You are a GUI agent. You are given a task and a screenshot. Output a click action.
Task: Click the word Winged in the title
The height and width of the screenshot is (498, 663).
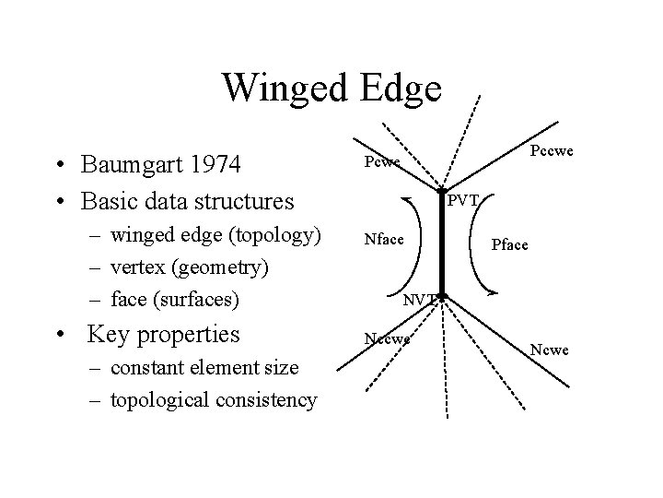pyautogui.click(x=284, y=88)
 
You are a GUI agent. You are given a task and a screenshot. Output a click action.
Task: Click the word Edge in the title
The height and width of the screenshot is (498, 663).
pyautogui.click(x=398, y=88)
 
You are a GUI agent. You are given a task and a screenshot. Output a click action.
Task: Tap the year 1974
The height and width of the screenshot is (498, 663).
pyautogui.click(x=209, y=165)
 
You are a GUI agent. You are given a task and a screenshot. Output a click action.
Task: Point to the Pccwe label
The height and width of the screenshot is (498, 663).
pyautogui.click(x=552, y=148)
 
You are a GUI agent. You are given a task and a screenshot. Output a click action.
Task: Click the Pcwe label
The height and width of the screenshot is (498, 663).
pyautogui.click(x=381, y=162)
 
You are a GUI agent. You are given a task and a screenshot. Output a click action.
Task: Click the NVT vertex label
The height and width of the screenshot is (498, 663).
pyautogui.click(x=421, y=298)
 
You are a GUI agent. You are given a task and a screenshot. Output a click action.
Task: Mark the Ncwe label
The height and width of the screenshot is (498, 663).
pyautogui.click(x=552, y=350)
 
